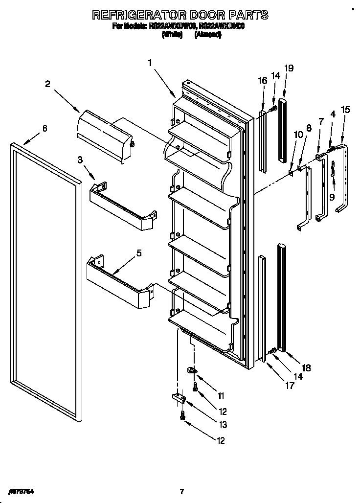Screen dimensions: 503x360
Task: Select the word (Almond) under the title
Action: click(x=208, y=35)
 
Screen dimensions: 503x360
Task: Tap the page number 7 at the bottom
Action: click(x=181, y=492)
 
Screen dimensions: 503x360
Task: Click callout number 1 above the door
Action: click(x=150, y=63)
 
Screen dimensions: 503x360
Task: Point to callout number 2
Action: click(x=47, y=84)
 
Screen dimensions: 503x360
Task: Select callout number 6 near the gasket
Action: click(x=45, y=128)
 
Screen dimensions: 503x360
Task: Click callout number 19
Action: click(x=289, y=69)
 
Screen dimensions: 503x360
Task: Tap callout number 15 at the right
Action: click(x=345, y=110)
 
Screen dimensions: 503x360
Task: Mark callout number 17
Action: click(x=289, y=386)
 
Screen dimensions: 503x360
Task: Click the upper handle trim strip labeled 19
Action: click(x=283, y=130)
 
